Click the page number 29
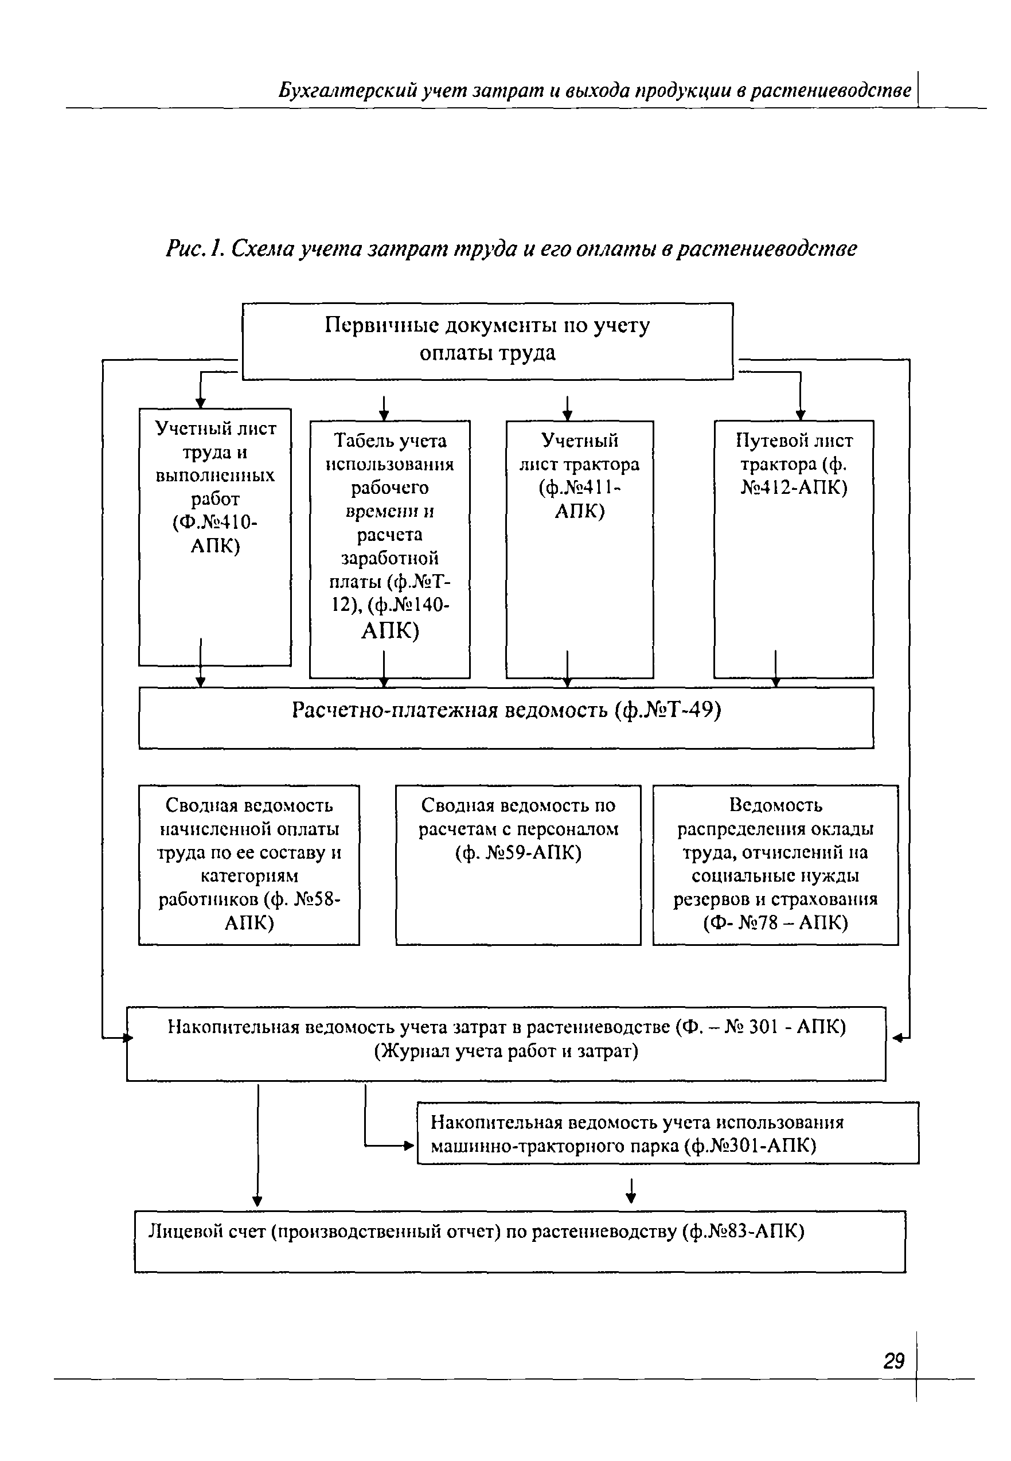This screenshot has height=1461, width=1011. [x=894, y=1360]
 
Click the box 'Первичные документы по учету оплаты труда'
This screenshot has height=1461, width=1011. [x=487, y=341]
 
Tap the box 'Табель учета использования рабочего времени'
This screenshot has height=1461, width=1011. [x=389, y=549]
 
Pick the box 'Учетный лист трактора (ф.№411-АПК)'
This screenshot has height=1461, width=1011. [x=579, y=549]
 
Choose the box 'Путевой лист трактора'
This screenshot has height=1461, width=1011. [x=793, y=549]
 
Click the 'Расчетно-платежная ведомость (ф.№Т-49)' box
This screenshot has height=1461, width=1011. [x=506, y=717]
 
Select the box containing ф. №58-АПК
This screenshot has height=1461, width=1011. [x=249, y=864]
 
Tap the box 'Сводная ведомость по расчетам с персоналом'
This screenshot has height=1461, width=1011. [x=518, y=864]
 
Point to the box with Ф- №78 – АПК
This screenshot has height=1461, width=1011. [x=775, y=864]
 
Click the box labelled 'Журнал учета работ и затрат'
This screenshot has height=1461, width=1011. [x=506, y=1043]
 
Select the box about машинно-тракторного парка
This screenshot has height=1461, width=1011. [x=668, y=1133]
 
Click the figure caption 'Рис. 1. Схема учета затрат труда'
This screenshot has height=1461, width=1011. [x=510, y=249]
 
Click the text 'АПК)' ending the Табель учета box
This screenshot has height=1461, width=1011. [x=389, y=631]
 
